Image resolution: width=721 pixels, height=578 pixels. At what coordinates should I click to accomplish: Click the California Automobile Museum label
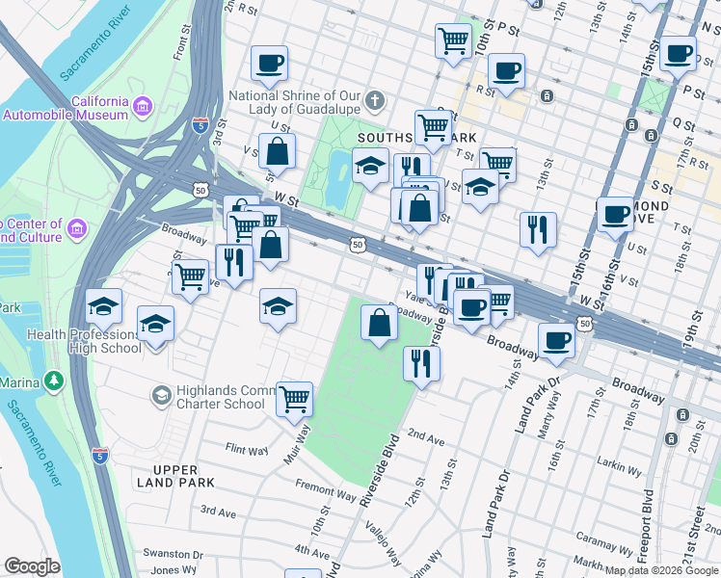[x=66, y=108]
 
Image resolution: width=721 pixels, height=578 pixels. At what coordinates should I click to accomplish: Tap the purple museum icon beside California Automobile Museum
[x=144, y=105]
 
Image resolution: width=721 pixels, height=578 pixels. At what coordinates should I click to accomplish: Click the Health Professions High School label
[x=85, y=341]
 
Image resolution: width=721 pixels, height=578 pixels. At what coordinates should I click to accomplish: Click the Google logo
[x=32, y=566]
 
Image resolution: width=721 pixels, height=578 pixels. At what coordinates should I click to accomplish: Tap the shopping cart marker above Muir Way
[x=295, y=398]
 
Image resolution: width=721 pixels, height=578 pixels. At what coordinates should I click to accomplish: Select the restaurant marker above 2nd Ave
[x=420, y=363]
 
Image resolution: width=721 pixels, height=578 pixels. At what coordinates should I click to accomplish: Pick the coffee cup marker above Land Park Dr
[x=555, y=342]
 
